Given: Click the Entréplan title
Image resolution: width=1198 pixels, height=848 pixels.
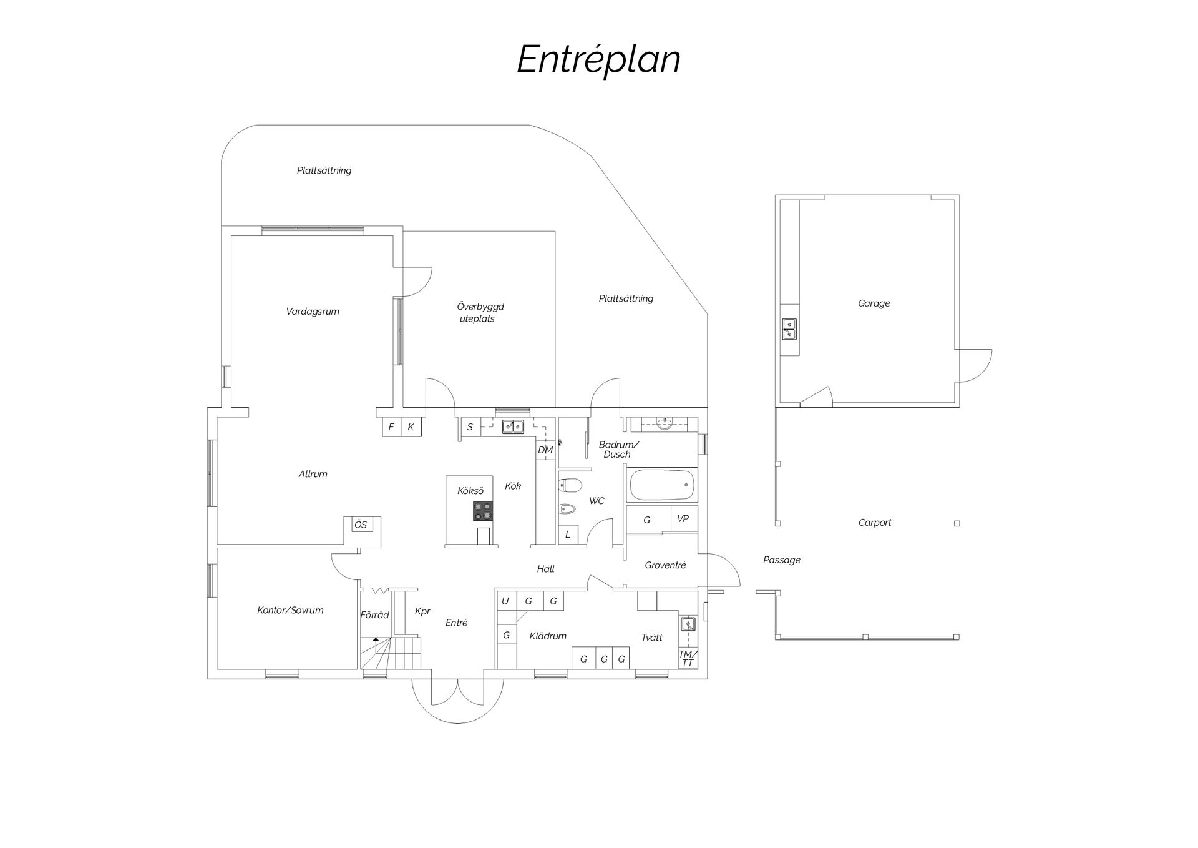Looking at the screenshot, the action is tap(598, 60).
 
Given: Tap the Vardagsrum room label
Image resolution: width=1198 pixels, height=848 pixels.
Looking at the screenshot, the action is tap(313, 312).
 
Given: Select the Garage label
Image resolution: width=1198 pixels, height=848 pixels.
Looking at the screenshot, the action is tap(874, 303).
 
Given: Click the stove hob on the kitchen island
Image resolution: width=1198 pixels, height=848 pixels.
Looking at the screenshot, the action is tap(483, 511).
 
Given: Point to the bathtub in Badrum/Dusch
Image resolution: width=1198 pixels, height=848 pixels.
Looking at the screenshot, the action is tap(662, 485).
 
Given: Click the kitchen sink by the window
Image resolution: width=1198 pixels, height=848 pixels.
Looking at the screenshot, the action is tap(513, 426).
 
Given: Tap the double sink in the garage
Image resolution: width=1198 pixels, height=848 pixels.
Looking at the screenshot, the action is tap(789, 328).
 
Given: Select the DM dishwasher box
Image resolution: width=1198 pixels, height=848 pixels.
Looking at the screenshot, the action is tap(545, 450).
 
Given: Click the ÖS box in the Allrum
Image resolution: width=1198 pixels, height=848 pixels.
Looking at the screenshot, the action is tap(361, 525).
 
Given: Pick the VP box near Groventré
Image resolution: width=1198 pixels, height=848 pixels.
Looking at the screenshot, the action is tap(683, 519).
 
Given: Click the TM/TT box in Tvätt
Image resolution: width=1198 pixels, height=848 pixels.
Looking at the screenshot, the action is tap(688, 658).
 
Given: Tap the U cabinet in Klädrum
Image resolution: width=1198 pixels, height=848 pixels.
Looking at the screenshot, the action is tap(505, 601).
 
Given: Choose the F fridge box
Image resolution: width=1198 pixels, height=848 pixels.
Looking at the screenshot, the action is tap(391, 427).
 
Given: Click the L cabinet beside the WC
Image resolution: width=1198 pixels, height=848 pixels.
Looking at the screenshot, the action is tap(568, 535).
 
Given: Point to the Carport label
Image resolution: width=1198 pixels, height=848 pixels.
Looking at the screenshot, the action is tap(875, 523).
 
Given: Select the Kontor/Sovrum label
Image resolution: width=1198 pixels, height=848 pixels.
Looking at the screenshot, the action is tap(290, 610).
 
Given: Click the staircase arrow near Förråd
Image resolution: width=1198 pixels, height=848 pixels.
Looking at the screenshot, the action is tap(376, 640).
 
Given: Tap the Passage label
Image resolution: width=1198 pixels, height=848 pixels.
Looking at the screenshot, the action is tap(782, 560).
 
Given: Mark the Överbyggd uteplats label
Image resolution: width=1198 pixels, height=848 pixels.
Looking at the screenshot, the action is tap(479, 312).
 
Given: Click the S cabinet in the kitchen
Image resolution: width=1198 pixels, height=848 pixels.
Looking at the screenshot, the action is tap(470, 427).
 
